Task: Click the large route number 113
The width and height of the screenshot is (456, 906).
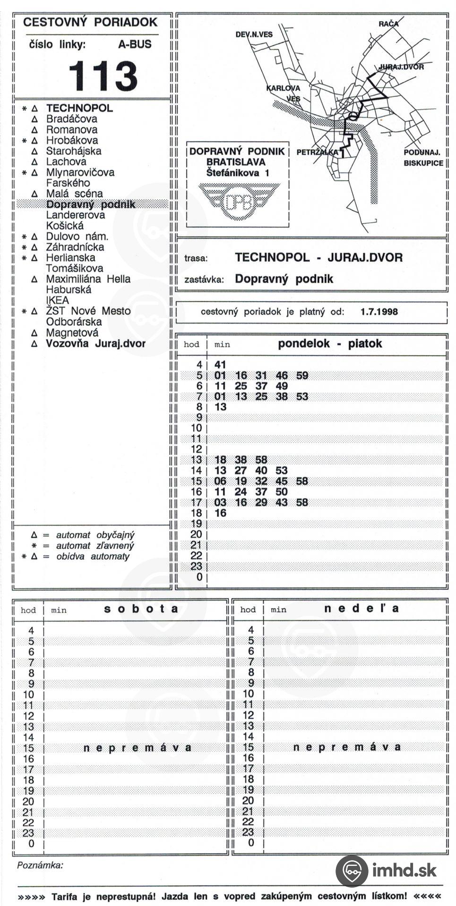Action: [x=103, y=75]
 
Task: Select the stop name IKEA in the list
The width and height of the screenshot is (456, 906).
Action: [x=57, y=300]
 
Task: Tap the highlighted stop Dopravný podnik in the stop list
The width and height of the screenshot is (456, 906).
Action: [x=91, y=204]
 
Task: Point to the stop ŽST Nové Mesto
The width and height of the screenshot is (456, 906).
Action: [x=88, y=311]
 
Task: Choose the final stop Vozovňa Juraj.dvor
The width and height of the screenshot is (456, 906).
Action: [x=95, y=344]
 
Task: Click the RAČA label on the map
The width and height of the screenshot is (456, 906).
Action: [x=388, y=24]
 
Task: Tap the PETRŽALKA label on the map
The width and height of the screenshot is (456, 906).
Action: [x=318, y=152]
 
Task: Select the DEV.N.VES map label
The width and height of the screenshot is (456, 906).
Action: [x=254, y=34]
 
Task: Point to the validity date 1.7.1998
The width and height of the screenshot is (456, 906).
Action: [x=379, y=311]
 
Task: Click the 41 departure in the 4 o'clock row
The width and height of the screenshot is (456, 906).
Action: [x=220, y=365]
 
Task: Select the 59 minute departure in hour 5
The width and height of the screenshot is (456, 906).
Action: [x=302, y=376]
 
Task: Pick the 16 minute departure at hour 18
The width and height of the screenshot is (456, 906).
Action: [x=220, y=513]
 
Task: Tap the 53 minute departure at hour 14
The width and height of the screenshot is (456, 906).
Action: [x=282, y=470]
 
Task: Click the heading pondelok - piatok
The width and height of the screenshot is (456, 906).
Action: [x=330, y=344]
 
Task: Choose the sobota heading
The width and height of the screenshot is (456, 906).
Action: [x=141, y=609]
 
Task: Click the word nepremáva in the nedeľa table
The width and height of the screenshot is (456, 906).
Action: [x=347, y=747]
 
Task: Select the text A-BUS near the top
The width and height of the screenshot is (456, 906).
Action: [x=135, y=44]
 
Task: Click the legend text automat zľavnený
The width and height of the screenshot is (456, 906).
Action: [x=95, y=545]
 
